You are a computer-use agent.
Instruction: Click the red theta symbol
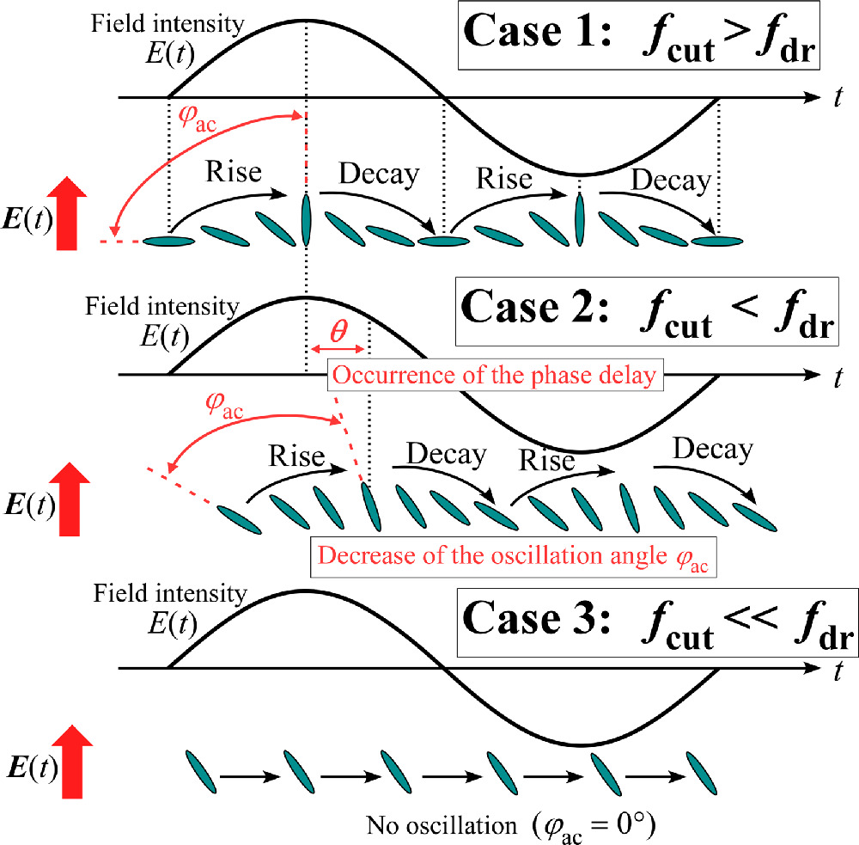click(x=338, y=332)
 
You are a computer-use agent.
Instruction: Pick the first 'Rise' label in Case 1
click(x=234, y=172)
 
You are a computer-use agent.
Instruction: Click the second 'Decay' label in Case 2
click(x=712, y=449)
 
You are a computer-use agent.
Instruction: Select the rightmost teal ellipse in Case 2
click(x=756, y=513)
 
